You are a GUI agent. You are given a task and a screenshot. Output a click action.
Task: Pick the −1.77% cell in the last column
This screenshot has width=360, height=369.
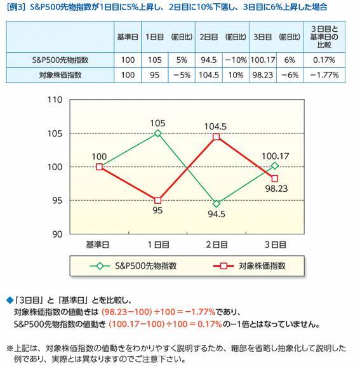click(324, 74)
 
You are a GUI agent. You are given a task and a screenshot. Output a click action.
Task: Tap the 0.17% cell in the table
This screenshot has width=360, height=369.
click(324, 60)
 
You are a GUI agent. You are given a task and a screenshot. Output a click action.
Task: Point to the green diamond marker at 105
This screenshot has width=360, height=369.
click(157, 133)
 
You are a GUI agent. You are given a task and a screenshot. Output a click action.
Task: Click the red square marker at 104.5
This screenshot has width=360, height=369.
click(217, 137)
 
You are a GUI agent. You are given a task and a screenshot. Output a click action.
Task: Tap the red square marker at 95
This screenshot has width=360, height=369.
click(157, 200)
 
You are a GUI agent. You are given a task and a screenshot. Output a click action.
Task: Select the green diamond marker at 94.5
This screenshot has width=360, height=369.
click(217, 204)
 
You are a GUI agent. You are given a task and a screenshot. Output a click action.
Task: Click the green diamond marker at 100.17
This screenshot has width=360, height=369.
click(275, 166)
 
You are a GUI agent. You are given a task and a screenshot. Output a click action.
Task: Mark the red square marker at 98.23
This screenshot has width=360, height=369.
click(275, 178)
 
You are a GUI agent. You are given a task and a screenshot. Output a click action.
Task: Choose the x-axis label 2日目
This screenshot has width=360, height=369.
click(217, 243)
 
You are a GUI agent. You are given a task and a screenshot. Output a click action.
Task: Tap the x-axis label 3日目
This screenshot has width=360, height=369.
click(275, 243)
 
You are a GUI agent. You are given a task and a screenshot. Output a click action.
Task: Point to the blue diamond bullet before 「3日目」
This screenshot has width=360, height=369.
click(9, 299)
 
